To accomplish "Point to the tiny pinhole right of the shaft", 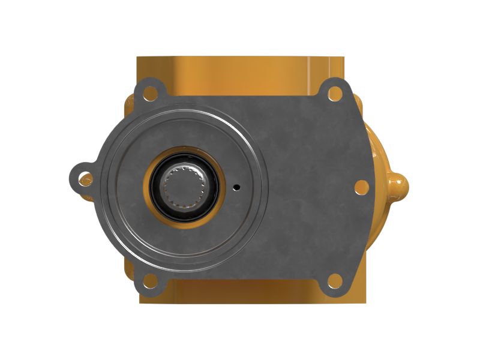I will [x=236, y=187].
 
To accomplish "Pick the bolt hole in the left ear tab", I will [x=85, y=178].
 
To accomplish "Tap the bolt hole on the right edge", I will [x=361, y=187].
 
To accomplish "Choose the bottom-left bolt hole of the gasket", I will [x=150, y=280].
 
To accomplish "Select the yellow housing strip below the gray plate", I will [x=240, y=294].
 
